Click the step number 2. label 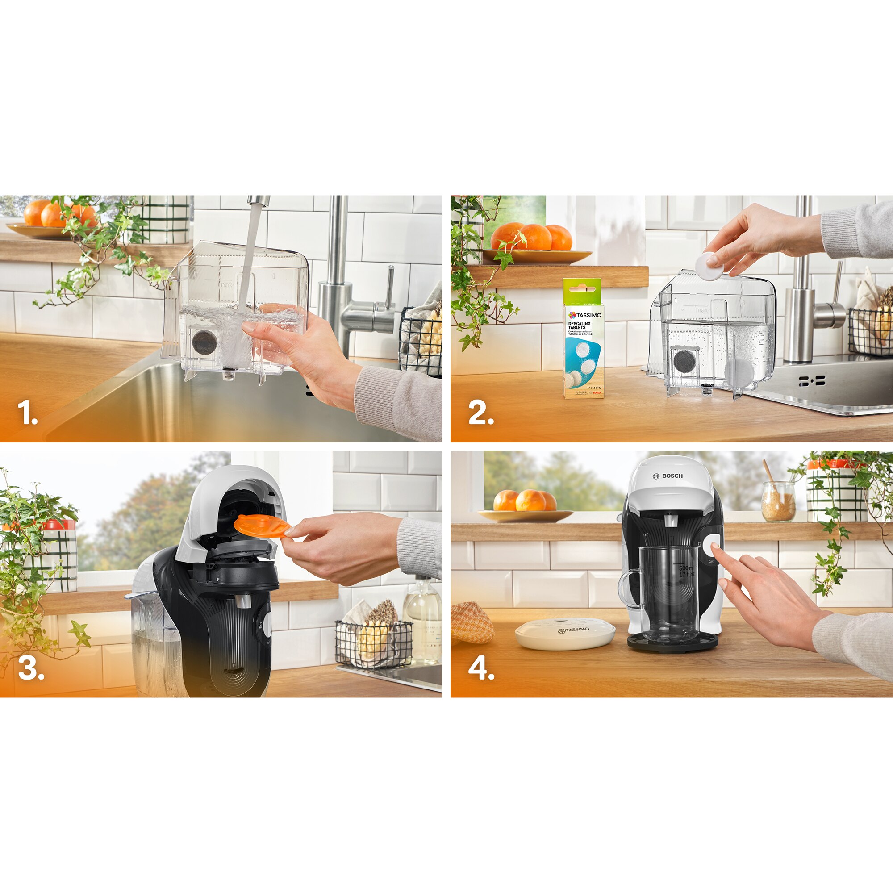[x=481, y=412]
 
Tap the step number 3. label [x=30, y=668]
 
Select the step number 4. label [x=481, y=668]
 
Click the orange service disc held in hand [x=261, y=526]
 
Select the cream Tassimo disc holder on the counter [x=565, y=634]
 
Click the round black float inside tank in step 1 [x=205, y=342]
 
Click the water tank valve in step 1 [x=227, y=373]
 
